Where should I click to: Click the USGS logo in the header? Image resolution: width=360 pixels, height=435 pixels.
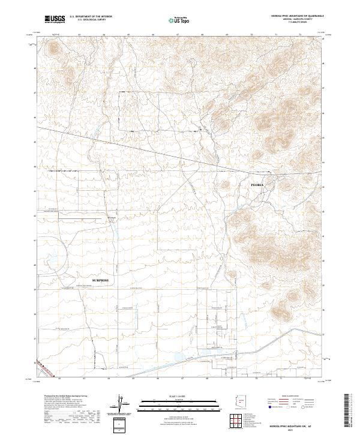click(x=55, y=19)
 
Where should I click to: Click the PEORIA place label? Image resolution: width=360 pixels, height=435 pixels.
click(x=257, y=185)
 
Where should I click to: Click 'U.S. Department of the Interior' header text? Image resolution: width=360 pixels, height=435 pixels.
click(x=91, y=17)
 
